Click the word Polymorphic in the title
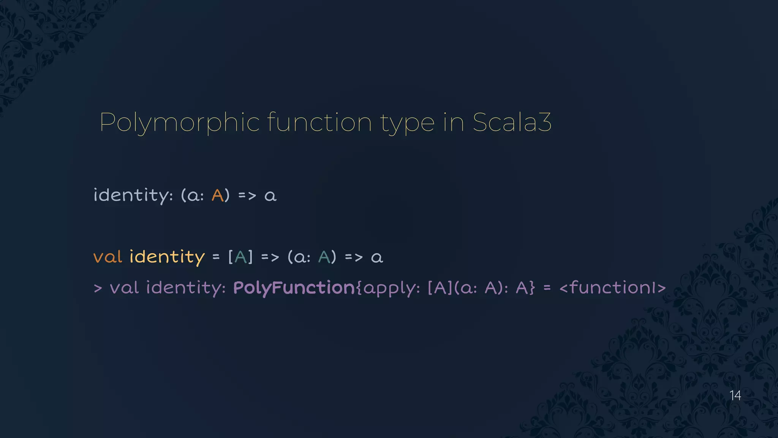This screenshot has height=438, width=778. [x=179, y=122]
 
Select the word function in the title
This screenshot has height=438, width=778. [x=319, y=122]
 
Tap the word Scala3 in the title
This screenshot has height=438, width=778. [x=512, y=122]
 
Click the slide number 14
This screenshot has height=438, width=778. [x=735, y=395]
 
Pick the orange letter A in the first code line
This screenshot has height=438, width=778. [x=217, y=195]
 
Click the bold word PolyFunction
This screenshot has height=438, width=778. [x=294, y=288]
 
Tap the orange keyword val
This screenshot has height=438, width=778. [x=108, y=257]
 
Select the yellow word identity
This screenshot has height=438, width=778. [x=167, y=257]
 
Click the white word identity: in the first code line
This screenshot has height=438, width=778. [x=133, y=195]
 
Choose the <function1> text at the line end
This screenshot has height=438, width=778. [x=612, y=288]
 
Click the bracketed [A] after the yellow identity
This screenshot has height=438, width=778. [x=240, y=257]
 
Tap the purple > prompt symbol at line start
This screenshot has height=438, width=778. [x=98, y=288]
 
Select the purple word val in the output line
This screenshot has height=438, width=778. [x=124, y=288]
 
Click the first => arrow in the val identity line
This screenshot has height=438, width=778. [x=270, y=257]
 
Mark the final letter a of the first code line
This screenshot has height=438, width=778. [x=270, y=196]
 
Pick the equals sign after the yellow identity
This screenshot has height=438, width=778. [x=216, y=257]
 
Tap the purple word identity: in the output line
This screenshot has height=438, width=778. [x=186, y=288]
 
